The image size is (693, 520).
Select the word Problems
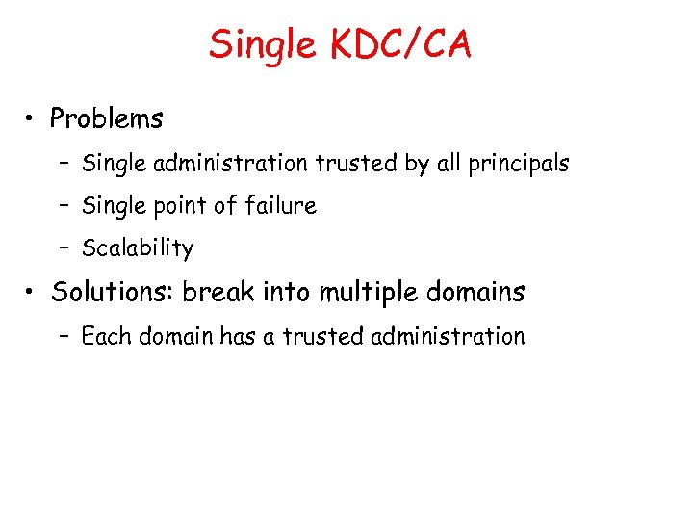(107, 119)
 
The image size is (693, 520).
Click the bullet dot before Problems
(33, 119)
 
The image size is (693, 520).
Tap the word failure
(278, 205)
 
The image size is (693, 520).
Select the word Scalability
(138, 248)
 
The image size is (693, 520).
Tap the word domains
(478, 292)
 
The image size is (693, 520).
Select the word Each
(106, 336)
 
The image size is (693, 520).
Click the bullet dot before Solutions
(33, 293)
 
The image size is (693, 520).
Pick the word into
(286, 292)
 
